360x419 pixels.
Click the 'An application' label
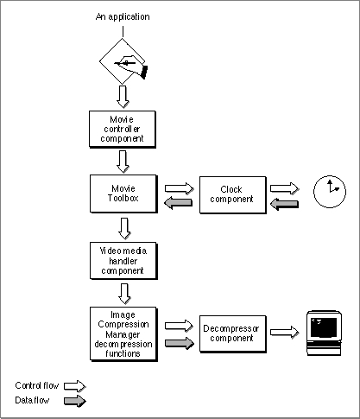(123, 16)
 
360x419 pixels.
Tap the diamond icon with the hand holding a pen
(123, 61)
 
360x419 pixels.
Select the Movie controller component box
(123, 130)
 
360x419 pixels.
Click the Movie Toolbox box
(123, 194)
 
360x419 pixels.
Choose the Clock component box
(233, 195)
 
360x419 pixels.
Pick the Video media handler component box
(123, 261)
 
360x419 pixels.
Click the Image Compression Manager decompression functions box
(123, 334)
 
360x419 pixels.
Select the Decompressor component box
(233, 333)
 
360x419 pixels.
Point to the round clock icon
(330, 192)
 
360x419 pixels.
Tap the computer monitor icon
(325, 333)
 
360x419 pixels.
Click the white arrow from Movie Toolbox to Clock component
(179, 188)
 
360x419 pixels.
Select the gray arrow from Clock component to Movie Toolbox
(179, 203)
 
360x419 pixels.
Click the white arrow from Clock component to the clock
(284, 188)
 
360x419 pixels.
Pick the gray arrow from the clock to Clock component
(285, 204)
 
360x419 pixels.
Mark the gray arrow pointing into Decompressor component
(180, 343)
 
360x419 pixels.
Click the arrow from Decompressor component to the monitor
(284, 332)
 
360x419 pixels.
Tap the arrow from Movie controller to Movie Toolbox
(123, 162)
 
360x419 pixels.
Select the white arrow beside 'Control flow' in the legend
(75, 386)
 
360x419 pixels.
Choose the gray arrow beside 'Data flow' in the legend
(75, 401)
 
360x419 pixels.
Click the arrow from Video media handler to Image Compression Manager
(124, 294)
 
